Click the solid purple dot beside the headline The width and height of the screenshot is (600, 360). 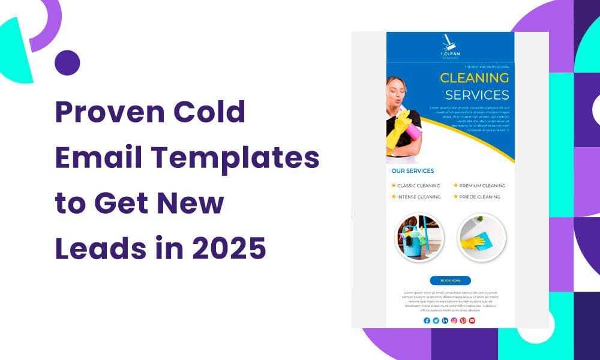click(67, 62)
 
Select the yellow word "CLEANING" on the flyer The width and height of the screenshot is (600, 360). click(474, 77)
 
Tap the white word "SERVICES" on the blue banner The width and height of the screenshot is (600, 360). click(477, 95)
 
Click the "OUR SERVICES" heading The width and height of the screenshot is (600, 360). click(412, 171)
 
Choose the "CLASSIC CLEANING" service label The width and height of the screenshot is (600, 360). click(418, 186)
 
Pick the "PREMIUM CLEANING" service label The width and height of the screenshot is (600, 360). click(482, 186)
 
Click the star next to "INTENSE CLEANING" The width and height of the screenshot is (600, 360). click(394, 197)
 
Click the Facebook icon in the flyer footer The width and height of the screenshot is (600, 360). click(427, 320)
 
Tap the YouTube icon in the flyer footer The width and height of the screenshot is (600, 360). click(472, 320)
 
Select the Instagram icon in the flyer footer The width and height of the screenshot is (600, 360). click(454, 320)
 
